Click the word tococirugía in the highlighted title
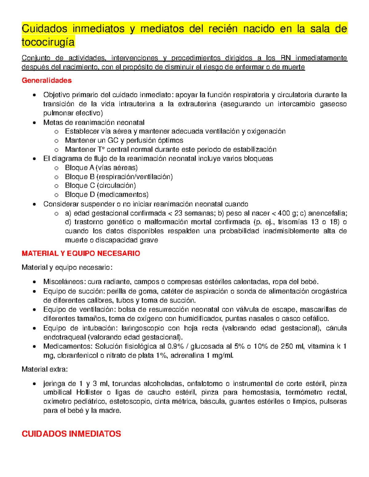(48, 42)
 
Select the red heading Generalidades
(47, 80)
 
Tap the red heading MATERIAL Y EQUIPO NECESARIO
(81, 253)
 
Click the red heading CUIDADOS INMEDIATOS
(71, 434)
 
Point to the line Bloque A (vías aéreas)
(101, 168)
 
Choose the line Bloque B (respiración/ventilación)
(119, 177)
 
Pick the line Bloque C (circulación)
(100, 186)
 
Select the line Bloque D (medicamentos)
(107, 194)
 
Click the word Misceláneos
(63, 282)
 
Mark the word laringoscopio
(143, 328)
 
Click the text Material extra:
(45, 369)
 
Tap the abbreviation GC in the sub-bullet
(113, 141)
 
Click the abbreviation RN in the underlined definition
(286, 58)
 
